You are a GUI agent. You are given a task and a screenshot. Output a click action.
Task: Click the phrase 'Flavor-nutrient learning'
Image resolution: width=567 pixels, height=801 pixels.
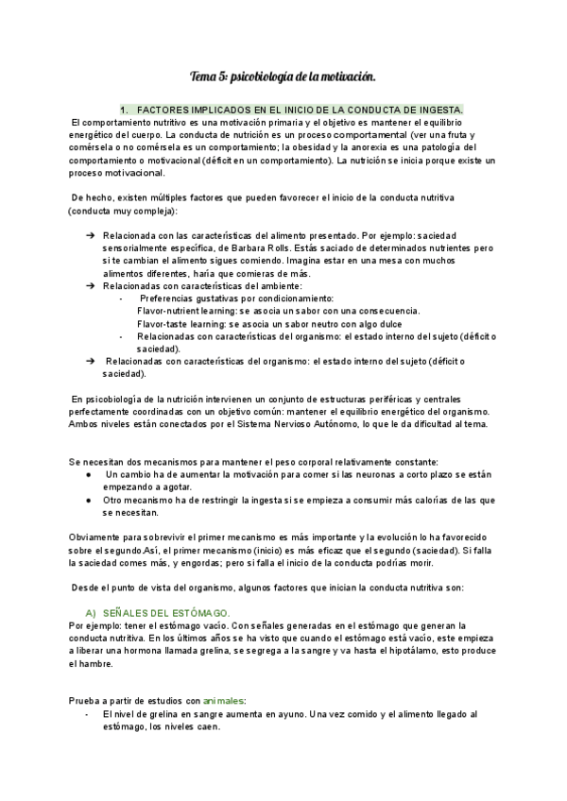187,311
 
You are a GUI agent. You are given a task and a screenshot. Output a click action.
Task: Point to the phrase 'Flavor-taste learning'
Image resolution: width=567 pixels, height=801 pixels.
180,323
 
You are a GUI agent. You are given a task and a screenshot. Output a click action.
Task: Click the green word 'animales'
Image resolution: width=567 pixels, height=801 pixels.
223,700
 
